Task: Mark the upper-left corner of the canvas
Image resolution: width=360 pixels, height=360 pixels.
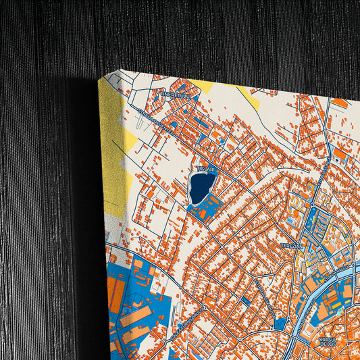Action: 101,79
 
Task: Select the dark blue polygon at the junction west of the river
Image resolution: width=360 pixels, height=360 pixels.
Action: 280,323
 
